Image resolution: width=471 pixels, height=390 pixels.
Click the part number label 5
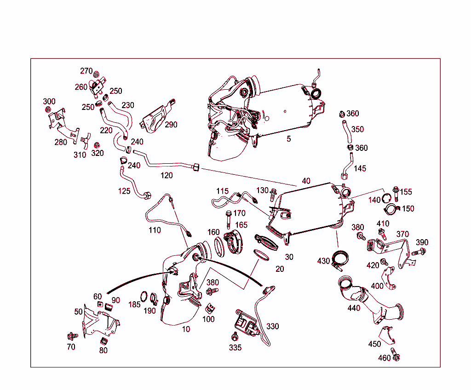pos(289,138)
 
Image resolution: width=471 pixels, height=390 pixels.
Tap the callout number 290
pos(171,125)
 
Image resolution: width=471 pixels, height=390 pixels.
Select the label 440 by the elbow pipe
pos(354,308)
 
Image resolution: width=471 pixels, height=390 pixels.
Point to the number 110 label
pos(155,230)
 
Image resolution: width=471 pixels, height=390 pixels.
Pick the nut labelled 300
pos(48,109)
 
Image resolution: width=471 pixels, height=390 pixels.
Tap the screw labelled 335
pos(235,336)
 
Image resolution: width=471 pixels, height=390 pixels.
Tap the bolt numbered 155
pos(396,190)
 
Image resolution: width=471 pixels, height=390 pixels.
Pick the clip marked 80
pos(104,341)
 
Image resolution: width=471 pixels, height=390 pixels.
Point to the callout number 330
pos(272,327)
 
